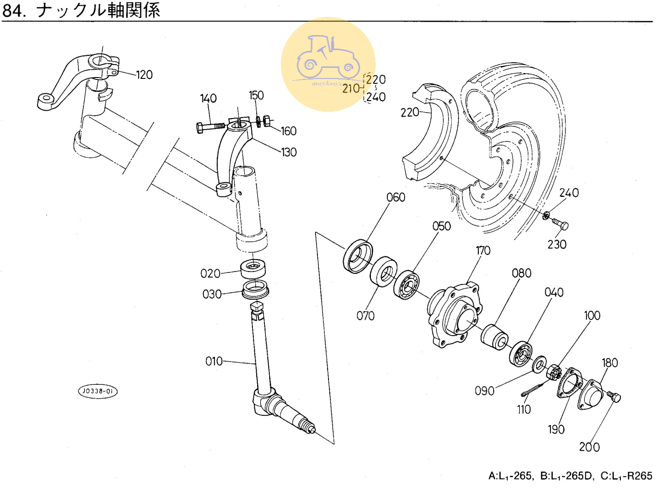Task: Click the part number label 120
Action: [x=144, y=75]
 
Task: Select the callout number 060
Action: [x=395, y=197]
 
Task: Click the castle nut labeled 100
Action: [x=554, y=372]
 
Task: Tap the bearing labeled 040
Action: [x=520, y=354]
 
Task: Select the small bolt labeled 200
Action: [x=614, y=397]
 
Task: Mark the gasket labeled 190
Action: [x=569, y=383]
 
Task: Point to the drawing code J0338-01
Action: [x=98, y=391]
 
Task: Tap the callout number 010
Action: [x=214, y=362]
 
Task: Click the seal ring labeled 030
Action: [x=255, y=290]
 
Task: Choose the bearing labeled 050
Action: [x=406, y=284]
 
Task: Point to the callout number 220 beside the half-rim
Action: [x=410, y=113]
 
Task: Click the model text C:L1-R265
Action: [x=626, y=476]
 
